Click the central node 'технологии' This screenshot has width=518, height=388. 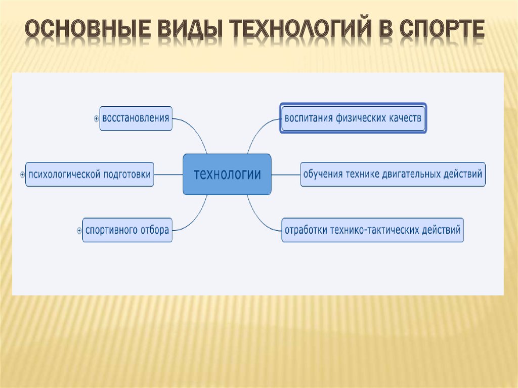click(227, 174)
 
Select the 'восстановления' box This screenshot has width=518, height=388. click(136, 118)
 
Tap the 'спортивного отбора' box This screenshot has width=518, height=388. click(127, 230)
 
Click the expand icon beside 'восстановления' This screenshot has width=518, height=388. click(96, 119)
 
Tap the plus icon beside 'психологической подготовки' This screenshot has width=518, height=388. click(22, 175)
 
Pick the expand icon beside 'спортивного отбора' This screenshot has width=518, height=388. click(79, 230)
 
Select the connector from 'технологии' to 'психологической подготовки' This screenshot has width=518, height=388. click(168, 175)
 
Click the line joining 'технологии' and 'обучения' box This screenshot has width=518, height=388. click(286, 175)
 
